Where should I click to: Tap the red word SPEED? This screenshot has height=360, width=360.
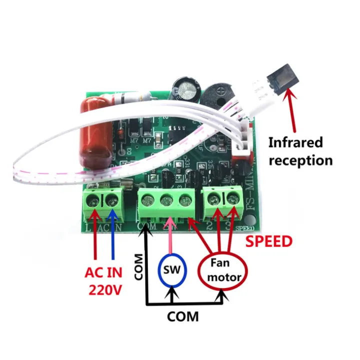coord(268,242)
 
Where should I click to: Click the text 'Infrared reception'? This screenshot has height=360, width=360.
coord(300,151)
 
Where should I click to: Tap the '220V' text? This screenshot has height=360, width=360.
coord(106,289)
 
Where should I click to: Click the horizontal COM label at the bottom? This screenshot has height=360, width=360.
coord(182,316)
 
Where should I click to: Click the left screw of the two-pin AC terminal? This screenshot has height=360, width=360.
coord(93,202)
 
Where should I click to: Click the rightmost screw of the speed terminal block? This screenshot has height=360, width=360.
coord(232,199)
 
